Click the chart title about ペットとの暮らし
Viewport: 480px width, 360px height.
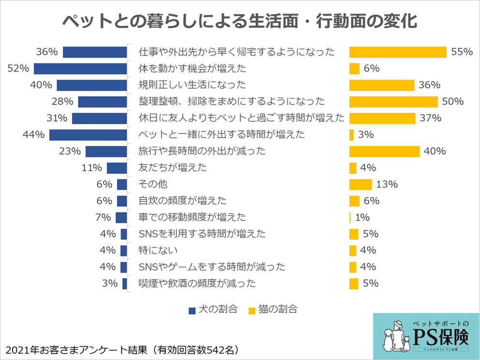pyautogui.click(x=240, y=22)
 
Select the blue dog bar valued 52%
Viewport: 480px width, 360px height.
pyautogui.click(x=80, y=69)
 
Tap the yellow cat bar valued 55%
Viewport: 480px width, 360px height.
pyautogui.click(x=397, y=52)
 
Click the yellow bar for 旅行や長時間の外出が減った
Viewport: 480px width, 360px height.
pyautogui.click(x=384, y=151)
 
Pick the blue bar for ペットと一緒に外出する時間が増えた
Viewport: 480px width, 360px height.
pyautogui.click(x=88, y=135)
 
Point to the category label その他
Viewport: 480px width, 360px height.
pyautogui.click(x=153, y=184)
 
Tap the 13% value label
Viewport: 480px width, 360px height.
pyautogui.click(x=387, y=184)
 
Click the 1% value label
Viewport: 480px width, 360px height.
pyautogui.click(x=363, y=217)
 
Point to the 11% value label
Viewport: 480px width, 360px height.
pyautogui.click(x=92, y=168)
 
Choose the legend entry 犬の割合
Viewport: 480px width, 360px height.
pyautogui.click(x=213, y=309)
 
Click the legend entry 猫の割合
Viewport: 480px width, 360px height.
pyautogui.click(x=273, y=309)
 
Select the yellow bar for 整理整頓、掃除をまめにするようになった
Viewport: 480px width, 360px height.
pyautogui.click(x=393, y=101)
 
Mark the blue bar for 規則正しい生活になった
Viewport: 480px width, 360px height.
pyautogui.click(x=91, y=85)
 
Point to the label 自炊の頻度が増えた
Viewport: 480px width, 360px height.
pyautogui.click(x=182, y=201)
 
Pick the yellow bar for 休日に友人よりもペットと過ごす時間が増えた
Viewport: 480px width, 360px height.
pyautogui.click(x=382, y=118)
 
